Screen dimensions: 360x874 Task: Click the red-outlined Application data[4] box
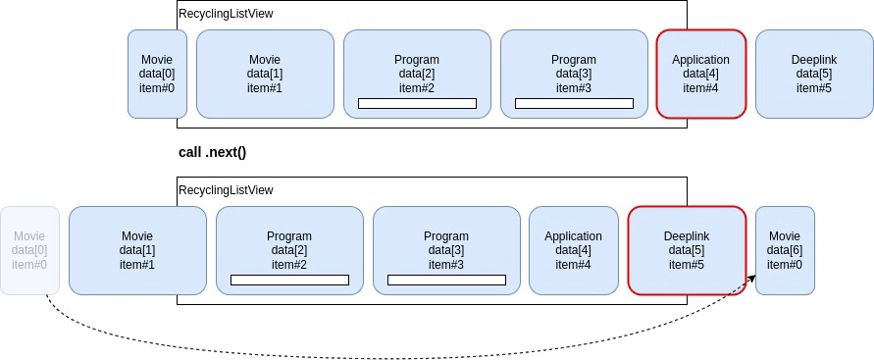[x=700, y=74]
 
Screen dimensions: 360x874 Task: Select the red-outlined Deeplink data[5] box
[x=686, y=250]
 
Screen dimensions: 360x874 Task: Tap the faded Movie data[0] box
[x=29, y=250]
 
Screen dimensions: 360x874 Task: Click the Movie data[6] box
[x=785, y=250]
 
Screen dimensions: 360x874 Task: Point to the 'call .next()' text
[x=212, y=152]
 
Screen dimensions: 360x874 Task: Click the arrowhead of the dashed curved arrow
[x=752, y=278]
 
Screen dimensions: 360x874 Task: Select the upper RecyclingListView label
[x=226, y=14]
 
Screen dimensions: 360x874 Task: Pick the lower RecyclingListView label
[x=226, y=190]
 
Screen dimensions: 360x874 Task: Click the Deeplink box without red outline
[x=813, y=74]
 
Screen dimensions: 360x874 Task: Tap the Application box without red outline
[x=573, y=250]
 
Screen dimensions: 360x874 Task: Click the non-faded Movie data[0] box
[x=157, y=74]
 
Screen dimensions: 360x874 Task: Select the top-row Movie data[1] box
[x=265, y=74]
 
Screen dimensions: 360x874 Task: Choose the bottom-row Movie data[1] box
[x=137, y=250]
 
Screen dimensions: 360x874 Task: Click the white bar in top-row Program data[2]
[x=417, y=103]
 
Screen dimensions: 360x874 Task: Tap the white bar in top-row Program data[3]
[x=574, y=103]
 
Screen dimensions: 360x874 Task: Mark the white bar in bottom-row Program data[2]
[x=289, y=280]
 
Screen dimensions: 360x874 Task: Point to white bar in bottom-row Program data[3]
[x=446, y=280]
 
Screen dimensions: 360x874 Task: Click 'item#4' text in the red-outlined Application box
[x=700, y=88]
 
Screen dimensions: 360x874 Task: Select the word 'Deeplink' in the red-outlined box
[x=686, y=236]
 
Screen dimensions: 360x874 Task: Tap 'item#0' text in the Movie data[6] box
[x=785, y=265]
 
